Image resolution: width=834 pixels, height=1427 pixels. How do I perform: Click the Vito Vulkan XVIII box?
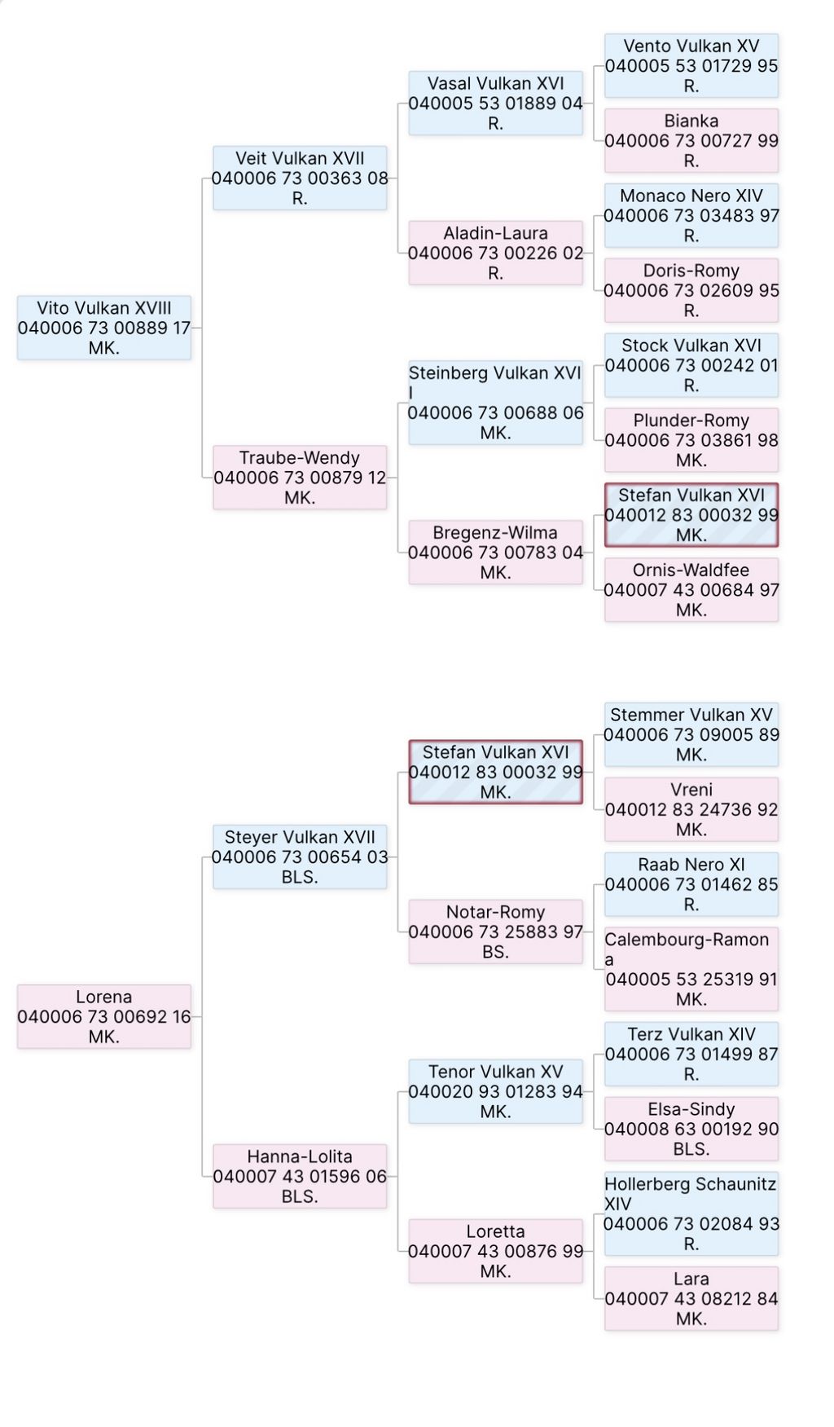click(x=104, y=328)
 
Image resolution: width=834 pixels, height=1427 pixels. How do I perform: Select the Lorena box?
click(x=104, y=1016)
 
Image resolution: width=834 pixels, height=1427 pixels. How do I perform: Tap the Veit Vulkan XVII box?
click(x=300, y=178)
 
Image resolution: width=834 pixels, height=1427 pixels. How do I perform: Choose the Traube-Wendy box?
click(x=300, y=478)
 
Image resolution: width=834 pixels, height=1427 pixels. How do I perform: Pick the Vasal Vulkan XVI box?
click(x=495, y=103)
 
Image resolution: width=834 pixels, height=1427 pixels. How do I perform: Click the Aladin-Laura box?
click(x=495, y=253)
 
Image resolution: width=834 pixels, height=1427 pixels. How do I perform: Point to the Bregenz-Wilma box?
click(x=495, y=553)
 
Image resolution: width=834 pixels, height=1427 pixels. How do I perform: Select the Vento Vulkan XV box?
click(x=691, y=65)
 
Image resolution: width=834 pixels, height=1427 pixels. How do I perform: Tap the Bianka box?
click(x=691, y=140)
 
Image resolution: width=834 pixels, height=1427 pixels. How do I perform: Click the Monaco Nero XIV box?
click(x=691, y=215)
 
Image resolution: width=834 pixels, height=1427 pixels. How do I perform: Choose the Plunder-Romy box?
click(x=691, y=440)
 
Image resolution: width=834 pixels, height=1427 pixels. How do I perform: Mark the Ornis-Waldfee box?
click(x=691, y=590)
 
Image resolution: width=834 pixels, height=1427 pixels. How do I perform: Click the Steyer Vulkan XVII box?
click(x=300, y=857)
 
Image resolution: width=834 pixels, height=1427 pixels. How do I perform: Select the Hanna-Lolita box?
click(x=300, y=1176)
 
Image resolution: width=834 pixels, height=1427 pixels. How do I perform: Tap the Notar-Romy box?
click(x=495, y=932)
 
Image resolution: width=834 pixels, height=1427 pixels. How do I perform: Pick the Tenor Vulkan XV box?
click(x=495, y=1091)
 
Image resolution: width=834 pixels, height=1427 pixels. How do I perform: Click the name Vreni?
click(x=691, y=790)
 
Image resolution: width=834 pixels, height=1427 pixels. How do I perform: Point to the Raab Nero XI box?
click(x=691, y=884)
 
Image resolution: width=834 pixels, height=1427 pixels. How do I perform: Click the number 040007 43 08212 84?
click(x=691, y=1298)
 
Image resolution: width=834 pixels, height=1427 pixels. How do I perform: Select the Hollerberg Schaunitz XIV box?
click(x=691, y=1213)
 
